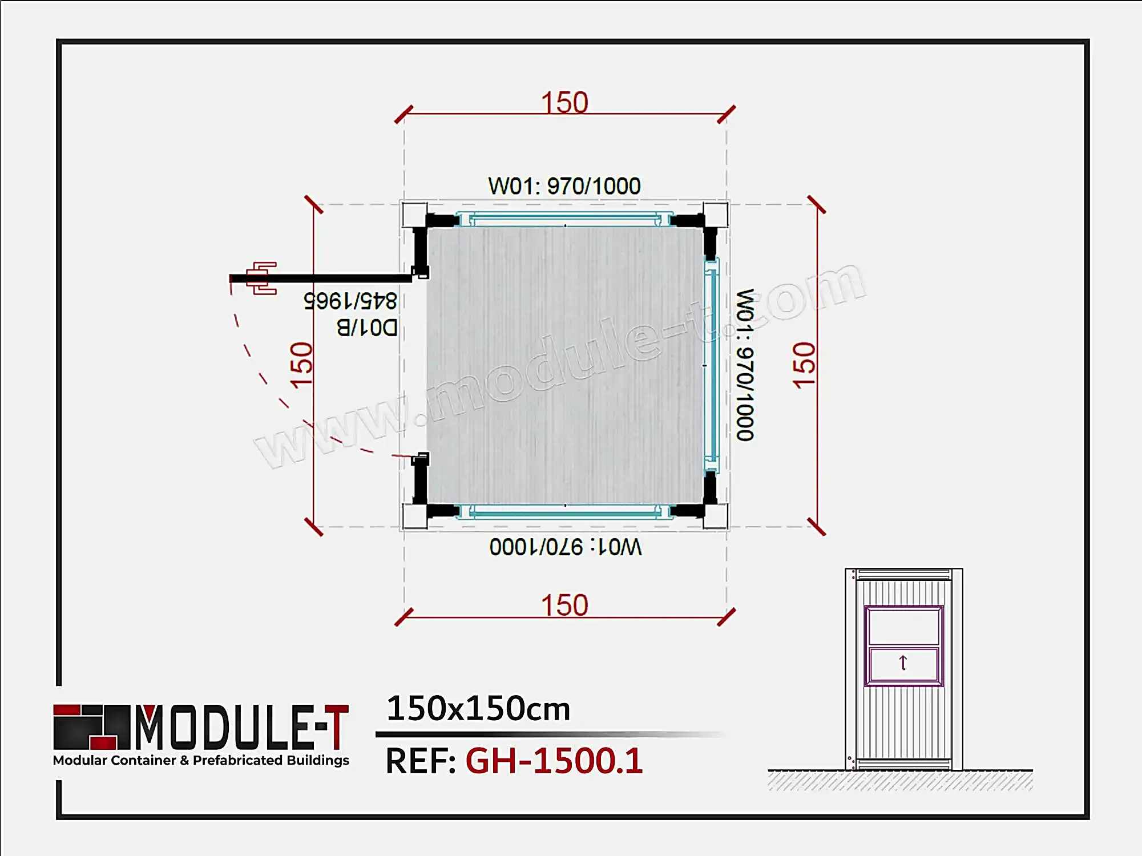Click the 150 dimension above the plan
[x=564, y=103]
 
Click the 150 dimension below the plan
[x=564, y=605]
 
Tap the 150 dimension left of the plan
[x=301, y=366]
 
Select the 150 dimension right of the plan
[x=804, y=366]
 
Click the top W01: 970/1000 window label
[x=564, y=186]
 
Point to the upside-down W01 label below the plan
[x=565, y=547]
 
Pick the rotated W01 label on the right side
[x=745, y=365]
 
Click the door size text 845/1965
[x=350, y=300]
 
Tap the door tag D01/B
[x=366, y=328]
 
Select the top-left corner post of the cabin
[x=414, y=215]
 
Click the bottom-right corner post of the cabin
[x=715, y=516]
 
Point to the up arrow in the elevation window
[x=903, y=663]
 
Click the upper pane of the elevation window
[x=903, y=626]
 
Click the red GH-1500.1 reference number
[x=554, y=761]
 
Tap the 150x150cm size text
[x=478, y=709]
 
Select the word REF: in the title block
[x=421, y=761]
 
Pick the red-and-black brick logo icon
[x=91, y=726]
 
